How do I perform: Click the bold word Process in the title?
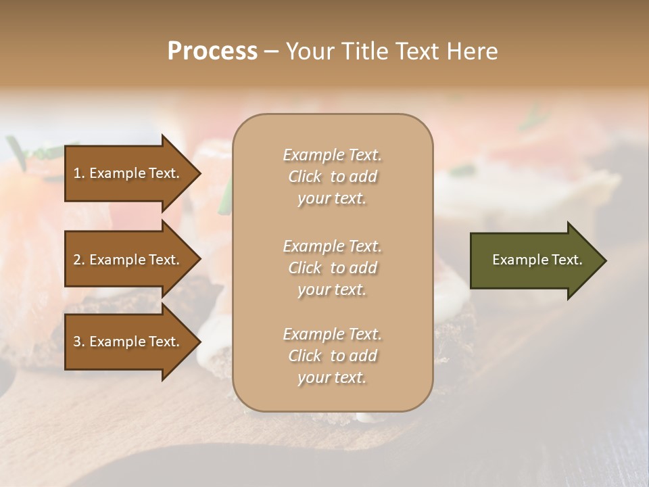pos(212,51)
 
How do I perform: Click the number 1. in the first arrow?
pos(79,173)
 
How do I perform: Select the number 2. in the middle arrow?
pos(79,260)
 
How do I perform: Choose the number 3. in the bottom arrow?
pos(79,342)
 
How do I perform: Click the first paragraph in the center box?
pos(332,177)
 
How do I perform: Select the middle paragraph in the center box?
pos(332,268)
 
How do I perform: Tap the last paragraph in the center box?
pos(332,356)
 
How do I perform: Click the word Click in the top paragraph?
pos(305,177)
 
